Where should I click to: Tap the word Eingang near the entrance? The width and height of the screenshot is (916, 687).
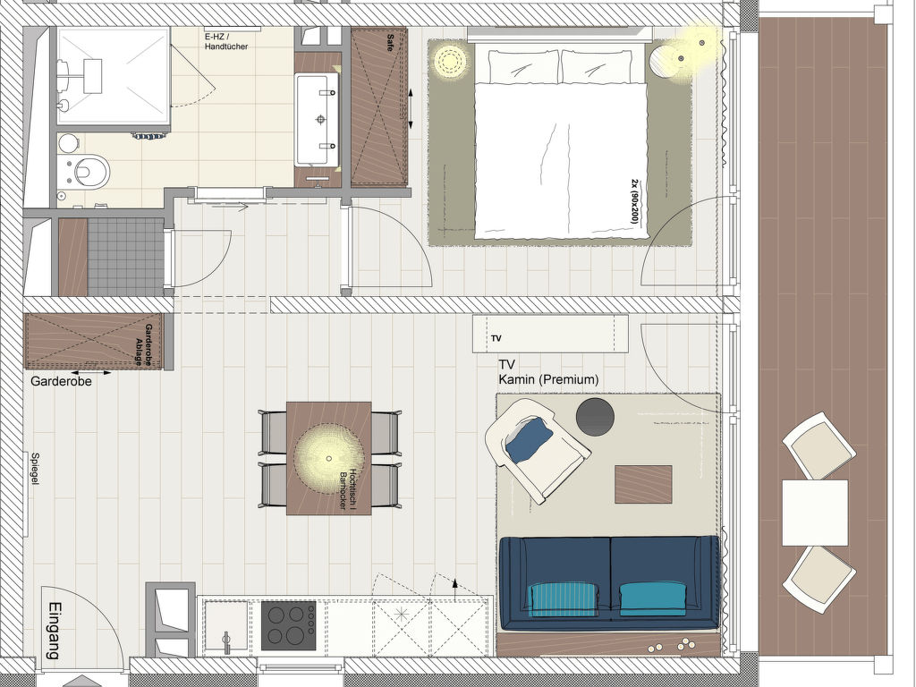tap(54, 631)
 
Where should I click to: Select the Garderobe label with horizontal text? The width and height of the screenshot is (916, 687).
tap(62, 381)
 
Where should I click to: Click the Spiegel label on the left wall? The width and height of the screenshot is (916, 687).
tap(35, 469)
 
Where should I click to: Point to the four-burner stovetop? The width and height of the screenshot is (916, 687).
tap(289, 626)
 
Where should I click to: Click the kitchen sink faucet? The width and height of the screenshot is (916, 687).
tap(226, 642)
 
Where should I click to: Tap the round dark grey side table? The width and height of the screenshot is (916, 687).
tap(595, 417)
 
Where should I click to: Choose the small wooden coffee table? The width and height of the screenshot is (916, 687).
tap(643, 484)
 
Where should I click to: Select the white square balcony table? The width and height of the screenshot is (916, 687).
tap(815, 513)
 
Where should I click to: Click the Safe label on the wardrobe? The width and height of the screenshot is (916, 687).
tap(390, 43)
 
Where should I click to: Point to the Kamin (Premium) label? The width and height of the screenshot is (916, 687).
tap(548, 379)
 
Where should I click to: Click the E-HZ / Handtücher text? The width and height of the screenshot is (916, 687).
tap(226, 41)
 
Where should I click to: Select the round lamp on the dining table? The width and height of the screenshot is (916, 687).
tap(329, 459)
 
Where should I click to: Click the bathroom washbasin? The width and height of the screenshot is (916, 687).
tap(318, 119)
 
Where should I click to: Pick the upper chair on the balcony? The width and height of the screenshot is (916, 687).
tap(818, 445)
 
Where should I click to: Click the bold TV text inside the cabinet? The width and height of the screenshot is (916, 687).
tap(496, 338)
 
